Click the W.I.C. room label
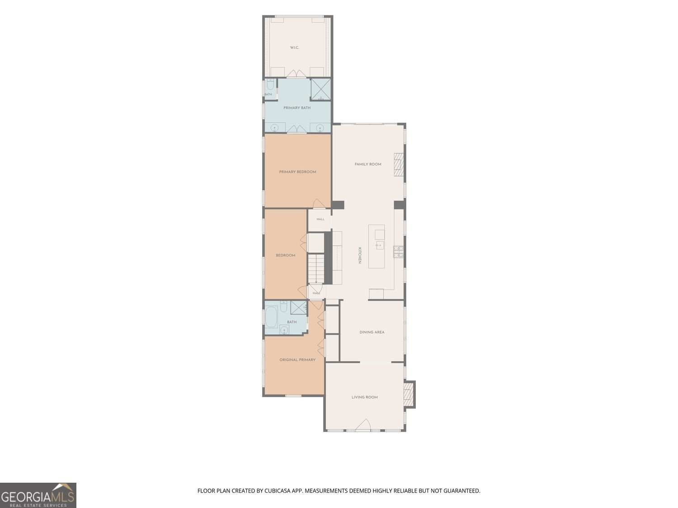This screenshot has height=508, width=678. click(x=294, y=48)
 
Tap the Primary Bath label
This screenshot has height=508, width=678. click(x=297, y=108)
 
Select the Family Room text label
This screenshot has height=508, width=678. click(x=368, y=164)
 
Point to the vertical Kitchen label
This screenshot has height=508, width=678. click(x=359, y=255)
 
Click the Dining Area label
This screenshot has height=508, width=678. click(x=372, y=332)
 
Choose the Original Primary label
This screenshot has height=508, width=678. click(x=297, y=359)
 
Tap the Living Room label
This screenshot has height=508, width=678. click(x=364, y=397)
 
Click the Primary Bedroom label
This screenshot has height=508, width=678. click(x=297, y=172)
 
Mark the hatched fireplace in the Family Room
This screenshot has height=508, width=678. click(x=399, y=164)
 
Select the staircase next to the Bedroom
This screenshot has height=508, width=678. click(x=315, y=268)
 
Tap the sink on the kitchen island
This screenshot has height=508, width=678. click(x=380, y=246)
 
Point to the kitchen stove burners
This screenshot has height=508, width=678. click(x=398, y=252)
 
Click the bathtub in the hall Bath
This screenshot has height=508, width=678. click(x=272, y=317)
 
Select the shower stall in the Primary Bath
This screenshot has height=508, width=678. click(x=320, y=89)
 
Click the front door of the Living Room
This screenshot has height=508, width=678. click(x=363, y=425)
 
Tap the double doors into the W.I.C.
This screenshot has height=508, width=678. click(x=296, y=74)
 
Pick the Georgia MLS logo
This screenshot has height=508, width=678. click(x=38, y=495)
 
